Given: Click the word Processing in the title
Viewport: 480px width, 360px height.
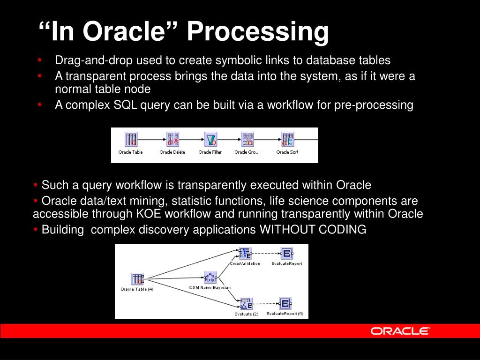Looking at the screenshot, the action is pos(258,31).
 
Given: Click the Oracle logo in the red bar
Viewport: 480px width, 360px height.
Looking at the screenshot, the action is pos(400,331).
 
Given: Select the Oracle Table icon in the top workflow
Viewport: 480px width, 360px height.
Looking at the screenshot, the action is pos(131,139).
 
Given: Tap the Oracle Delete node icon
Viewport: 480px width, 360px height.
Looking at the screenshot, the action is pos(172,139).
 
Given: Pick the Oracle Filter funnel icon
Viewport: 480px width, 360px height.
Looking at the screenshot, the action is pos(210,139).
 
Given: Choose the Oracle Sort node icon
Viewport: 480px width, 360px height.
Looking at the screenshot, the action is pos(287,139).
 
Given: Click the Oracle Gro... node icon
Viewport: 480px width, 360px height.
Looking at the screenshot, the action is pos(247,139).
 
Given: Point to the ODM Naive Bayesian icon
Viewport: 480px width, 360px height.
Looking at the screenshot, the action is pos(210,277).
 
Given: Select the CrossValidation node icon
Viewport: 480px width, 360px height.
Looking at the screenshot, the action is pos(245,254).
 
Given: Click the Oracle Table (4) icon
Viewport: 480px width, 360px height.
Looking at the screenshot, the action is pos(137,279).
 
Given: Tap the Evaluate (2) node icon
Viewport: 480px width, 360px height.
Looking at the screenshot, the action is pos(246,304).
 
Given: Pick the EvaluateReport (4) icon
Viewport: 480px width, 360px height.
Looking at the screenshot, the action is pos(285,304).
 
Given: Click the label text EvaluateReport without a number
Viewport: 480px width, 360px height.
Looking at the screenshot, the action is pos(286,263).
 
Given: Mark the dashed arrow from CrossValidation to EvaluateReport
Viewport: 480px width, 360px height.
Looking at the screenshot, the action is pos(266,254).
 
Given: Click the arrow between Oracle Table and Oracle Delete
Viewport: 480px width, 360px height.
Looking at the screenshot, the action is pos(152,140).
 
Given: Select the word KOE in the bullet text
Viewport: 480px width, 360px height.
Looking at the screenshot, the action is pos(149,214).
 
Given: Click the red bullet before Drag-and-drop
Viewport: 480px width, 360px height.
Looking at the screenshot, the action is pos(39,60).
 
